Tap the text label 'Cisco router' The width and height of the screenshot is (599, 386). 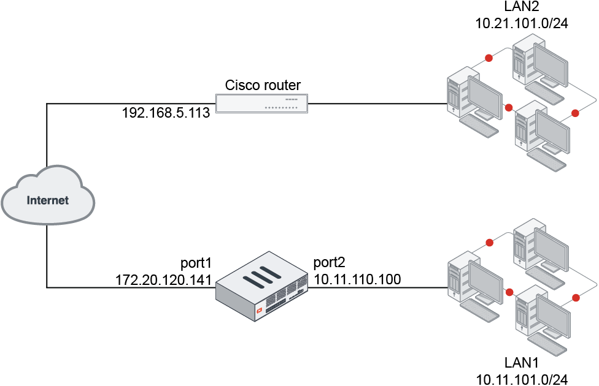pos(262,85)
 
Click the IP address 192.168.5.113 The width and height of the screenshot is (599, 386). pos(166,113)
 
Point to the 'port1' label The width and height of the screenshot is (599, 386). pos(196,263)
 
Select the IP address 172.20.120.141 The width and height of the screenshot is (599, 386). pos(164,279)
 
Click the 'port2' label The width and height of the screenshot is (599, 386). pos(330,263)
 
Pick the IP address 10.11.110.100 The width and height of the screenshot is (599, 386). pos(357,279)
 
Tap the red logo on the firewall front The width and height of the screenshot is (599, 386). pos(260,310)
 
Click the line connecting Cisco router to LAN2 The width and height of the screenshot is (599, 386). pos(377,104)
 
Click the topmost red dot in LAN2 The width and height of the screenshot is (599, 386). pos(489,58)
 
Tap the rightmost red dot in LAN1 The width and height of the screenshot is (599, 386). pos(576,297)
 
